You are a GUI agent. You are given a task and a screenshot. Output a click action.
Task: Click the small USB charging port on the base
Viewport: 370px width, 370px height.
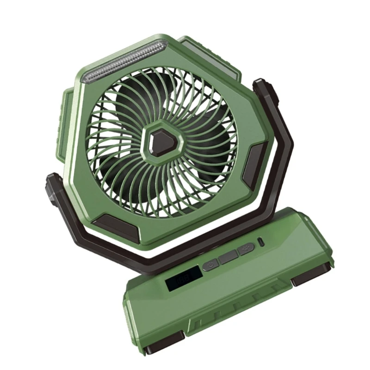click(262, 243)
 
